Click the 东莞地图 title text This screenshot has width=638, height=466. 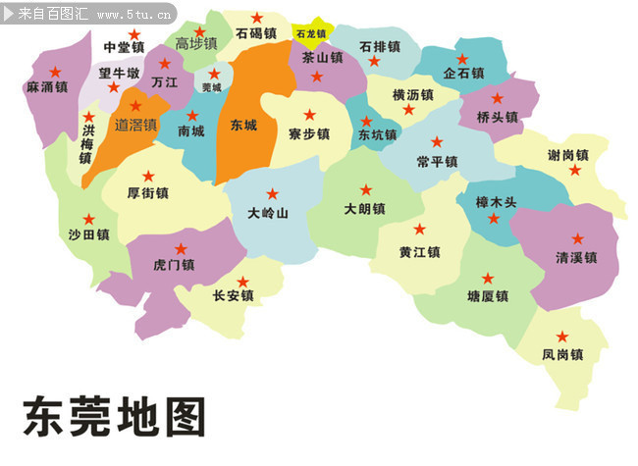point(114,416)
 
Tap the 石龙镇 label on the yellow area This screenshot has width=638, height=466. point(310,33)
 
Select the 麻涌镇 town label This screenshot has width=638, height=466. point(46,87)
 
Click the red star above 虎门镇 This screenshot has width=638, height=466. point(181,249)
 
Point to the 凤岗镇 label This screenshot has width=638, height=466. point(562,354)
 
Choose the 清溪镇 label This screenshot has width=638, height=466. point(576,257)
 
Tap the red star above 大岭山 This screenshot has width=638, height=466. point(272,193)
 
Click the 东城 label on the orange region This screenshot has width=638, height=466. point(243,126)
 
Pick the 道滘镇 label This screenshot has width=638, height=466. point(135,125)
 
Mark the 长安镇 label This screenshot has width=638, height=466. point(234,295)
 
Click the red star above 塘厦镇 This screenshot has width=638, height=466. point(488,279)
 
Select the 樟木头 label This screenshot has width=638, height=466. point(496,201)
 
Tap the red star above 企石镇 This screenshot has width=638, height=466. point(462,60)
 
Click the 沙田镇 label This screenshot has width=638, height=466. point(88,235)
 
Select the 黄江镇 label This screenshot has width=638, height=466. point(419,252)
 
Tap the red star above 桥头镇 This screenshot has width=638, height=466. point(497,98)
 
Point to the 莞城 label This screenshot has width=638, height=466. point(211,87)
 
